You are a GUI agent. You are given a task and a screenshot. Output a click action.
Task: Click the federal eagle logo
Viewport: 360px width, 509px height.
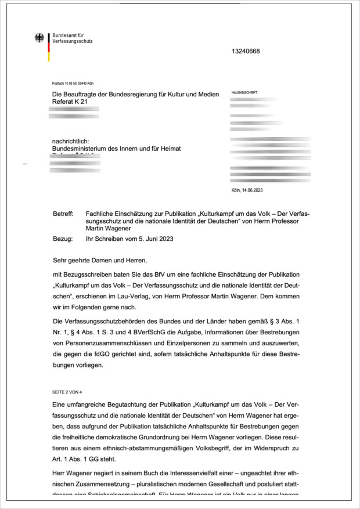39,38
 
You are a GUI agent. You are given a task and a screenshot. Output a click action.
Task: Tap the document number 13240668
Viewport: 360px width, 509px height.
246,51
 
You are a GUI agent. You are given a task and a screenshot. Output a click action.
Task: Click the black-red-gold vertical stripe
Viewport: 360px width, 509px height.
49,47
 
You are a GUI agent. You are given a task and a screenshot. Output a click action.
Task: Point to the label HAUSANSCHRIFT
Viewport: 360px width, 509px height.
244,93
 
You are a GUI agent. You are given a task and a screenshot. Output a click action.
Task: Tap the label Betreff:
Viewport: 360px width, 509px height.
63,214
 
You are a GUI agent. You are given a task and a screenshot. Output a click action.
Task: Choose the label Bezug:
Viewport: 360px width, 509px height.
62,239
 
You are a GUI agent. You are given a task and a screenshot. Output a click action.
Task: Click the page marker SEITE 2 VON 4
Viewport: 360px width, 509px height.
68,391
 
